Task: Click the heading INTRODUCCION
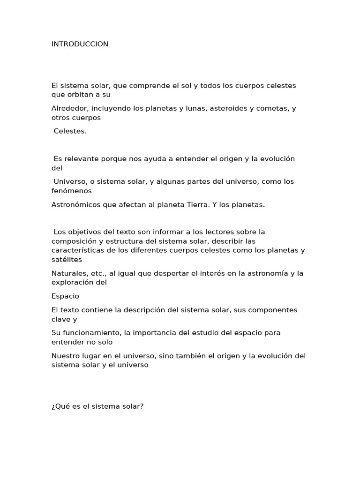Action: point(80,44)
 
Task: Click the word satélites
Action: point(67,259)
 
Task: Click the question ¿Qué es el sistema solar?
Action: point(97,406)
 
